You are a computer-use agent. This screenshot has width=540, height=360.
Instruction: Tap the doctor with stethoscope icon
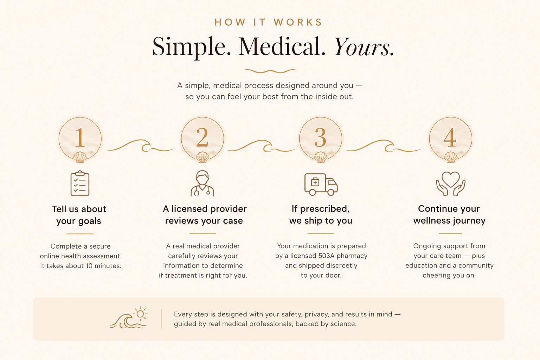[202, 183]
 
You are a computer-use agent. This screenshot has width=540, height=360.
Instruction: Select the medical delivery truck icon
[321, 184]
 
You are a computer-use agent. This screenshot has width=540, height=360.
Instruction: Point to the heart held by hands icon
[451, 183]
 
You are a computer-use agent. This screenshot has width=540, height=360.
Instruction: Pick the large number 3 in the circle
[320, 137]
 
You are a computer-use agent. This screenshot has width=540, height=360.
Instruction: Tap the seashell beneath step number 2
[202, 157]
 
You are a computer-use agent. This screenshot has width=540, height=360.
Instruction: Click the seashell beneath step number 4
[451, 157]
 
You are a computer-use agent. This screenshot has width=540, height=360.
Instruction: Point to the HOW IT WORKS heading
[268, 22]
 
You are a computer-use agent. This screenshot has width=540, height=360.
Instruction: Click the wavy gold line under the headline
[270, 71]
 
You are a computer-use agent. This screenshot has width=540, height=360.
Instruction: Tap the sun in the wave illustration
[140, 314]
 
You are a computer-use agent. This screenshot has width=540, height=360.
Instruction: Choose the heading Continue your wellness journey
[449, 214]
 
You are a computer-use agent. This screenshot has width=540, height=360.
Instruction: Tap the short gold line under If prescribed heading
[321, 234]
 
